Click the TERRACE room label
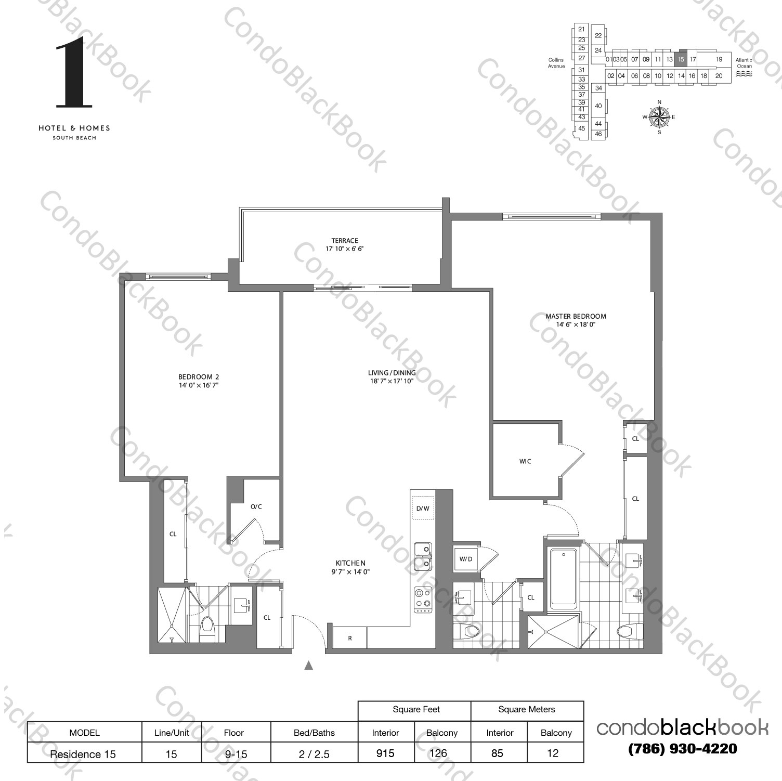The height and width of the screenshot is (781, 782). pos(345,241)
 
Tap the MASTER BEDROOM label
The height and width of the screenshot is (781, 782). pos(576,316)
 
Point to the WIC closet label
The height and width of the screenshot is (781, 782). pos(525,461)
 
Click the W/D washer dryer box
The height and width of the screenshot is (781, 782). pos(466,559)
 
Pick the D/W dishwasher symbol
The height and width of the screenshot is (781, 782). pos(423,509)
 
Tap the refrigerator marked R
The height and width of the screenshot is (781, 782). pos(350,638)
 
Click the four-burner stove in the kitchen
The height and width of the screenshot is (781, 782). pos(423,598)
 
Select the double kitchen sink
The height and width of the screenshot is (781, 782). pos(422,555)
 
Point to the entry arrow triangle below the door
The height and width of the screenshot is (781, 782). pos(309,665)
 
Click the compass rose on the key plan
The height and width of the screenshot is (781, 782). pos(659,117)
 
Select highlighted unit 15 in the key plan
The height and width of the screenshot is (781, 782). pos(681,59)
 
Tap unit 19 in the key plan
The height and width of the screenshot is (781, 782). pos(719,59)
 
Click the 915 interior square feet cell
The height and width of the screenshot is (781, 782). pos(386,753)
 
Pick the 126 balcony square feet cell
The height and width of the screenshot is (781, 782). pos(442,753)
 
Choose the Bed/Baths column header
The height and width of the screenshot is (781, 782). pos(314,733)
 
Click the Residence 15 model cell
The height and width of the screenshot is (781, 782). pos(83,754)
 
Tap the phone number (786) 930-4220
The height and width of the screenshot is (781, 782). pos(682,749)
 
